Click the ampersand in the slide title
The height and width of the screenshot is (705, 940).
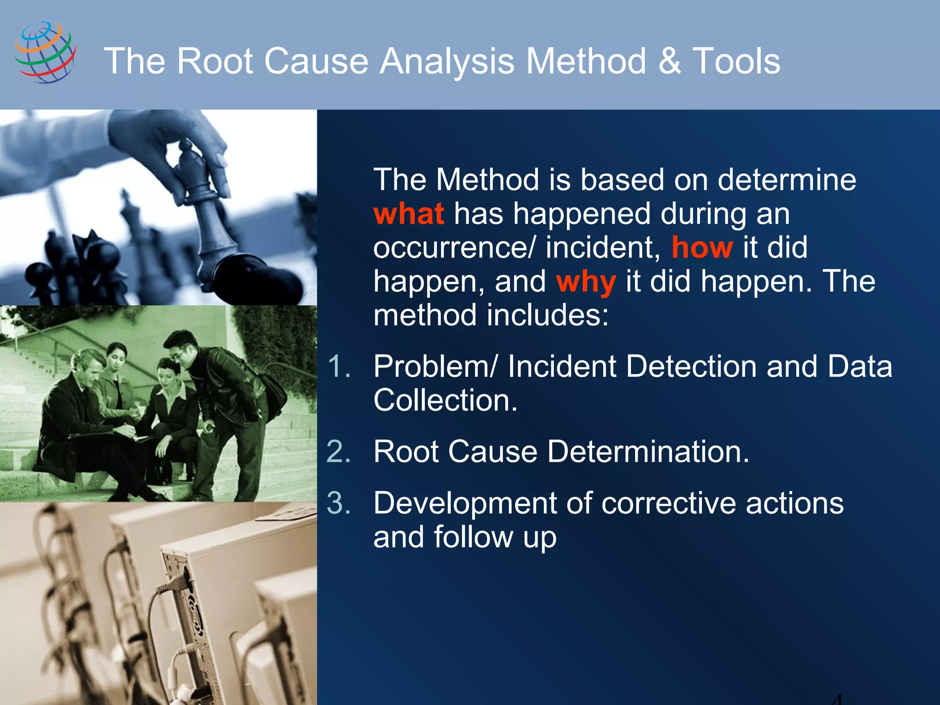click(670, 61)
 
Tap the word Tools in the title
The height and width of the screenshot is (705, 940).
click(736, 61)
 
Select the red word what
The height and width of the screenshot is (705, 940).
click(408, 214)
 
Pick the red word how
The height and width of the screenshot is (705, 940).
click(702, 248)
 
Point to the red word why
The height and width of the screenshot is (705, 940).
click(585, 282)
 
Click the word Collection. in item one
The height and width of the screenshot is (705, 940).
click(445, 400)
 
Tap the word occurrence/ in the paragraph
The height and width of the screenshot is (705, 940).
click(454, 248)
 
